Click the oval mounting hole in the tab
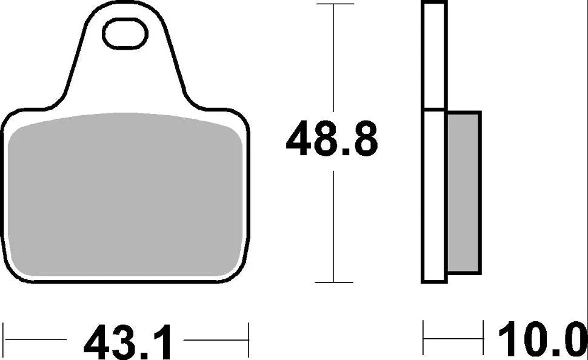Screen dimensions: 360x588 tap(126, 34)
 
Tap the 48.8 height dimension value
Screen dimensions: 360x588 tap(332, 139)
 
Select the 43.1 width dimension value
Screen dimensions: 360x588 tap(128, 341)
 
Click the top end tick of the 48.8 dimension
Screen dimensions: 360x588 tap(333, 4)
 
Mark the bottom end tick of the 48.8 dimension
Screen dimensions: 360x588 tap(333, 282)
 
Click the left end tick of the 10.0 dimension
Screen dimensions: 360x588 tap(423, 334)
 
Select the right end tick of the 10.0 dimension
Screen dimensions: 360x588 tap(483, 334)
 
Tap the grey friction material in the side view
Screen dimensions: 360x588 tap(463, 191)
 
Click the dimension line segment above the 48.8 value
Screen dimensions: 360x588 tap(333, 61)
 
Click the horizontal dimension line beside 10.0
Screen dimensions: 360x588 tap(453, 334)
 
